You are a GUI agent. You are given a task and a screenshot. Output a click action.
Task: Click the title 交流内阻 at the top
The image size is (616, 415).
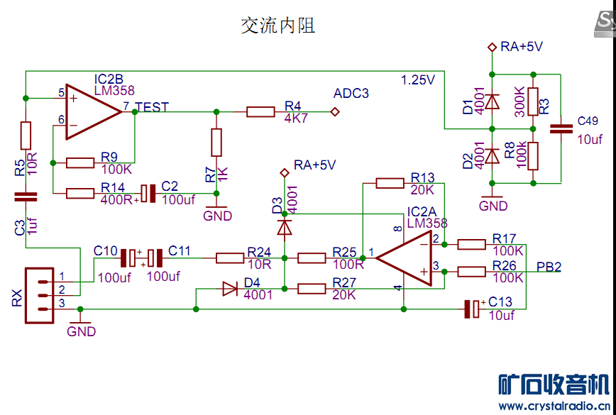277,26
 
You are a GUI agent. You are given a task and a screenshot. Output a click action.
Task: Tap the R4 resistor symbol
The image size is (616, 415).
260,111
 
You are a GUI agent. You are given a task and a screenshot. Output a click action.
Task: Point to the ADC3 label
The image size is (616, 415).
351,94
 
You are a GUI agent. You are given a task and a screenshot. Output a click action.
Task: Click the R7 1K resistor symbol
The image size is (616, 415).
216,143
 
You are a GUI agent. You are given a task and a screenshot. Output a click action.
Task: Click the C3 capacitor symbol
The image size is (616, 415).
26,195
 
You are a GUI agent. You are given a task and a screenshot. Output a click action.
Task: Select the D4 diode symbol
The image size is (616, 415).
230,289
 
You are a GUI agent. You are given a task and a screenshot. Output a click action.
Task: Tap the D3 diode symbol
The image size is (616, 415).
284,227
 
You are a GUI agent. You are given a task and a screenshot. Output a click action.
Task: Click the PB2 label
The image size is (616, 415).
549,267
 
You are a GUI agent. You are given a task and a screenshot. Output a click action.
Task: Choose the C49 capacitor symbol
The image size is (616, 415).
562,129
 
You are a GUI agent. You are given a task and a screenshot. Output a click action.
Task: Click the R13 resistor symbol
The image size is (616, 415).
390,183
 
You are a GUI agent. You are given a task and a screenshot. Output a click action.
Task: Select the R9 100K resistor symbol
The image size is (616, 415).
80,163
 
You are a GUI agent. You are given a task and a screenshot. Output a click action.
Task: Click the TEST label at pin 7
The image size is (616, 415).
152,107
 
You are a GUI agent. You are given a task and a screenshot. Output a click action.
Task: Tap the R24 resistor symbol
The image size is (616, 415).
230,258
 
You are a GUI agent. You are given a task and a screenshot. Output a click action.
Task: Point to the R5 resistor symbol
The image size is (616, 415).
26,135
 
